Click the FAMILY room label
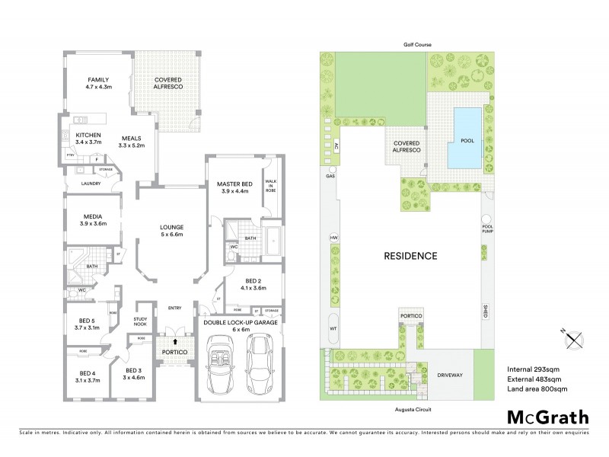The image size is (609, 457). [98, 79]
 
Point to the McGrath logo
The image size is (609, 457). [547, 417]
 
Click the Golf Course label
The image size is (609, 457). [417, 45]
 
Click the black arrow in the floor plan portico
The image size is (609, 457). [175, 343]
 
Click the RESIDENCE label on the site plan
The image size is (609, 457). [410, 256]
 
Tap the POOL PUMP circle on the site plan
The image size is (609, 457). [487, 226]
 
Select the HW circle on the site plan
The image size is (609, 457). [333, 238]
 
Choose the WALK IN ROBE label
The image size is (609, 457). [270, 187]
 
